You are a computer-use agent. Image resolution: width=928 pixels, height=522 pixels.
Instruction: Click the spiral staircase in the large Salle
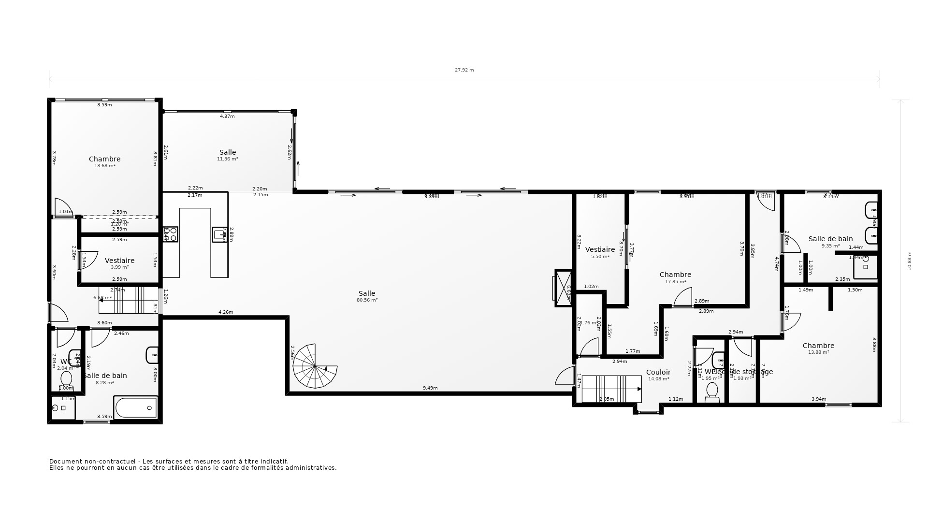tap(314, 366)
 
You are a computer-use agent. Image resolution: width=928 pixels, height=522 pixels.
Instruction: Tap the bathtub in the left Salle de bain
tap(136, 407)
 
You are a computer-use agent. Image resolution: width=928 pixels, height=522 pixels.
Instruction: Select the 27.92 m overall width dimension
tap(464, 70)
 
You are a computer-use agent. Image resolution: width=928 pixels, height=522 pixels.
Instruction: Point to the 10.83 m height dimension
tap(909, 261)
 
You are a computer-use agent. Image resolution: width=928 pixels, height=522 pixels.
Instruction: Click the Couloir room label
tap(658, 372)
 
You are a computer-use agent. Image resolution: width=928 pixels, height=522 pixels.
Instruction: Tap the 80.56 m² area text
tap(367, 300)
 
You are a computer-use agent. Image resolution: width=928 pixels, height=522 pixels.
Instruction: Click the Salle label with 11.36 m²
tap(228, 152)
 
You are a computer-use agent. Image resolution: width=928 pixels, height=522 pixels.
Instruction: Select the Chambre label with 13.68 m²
tap(104, 159)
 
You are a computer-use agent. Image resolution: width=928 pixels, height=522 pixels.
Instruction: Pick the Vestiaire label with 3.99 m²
tap(119, 261)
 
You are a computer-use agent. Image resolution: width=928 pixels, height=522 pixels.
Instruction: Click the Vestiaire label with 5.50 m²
tap(600, 249)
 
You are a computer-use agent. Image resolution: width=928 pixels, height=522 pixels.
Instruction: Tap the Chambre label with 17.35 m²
tap(675, 275)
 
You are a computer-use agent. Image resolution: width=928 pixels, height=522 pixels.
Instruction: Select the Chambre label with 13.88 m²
tap(818, 346)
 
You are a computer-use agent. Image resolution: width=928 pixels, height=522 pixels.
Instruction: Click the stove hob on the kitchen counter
tap(171, 234)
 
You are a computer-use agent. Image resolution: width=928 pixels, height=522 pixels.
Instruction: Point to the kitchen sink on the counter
tap(219, 234)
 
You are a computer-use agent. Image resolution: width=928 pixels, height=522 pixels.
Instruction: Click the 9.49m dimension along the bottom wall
tap(430, 388)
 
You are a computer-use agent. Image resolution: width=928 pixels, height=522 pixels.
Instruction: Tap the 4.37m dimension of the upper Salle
tap(227, 116)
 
